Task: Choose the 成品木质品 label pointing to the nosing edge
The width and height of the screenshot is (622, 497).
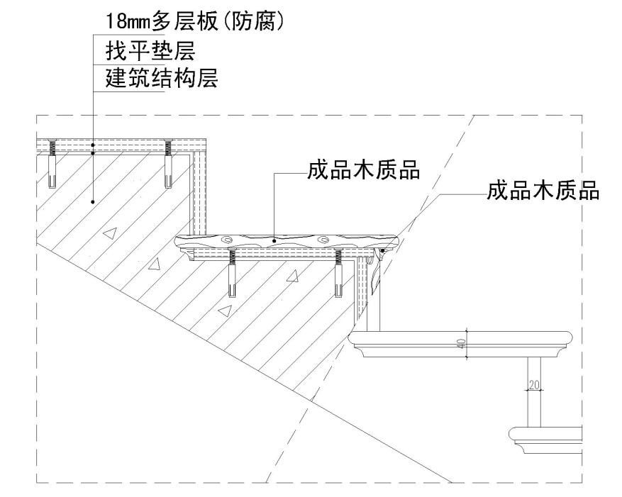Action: point(543,191)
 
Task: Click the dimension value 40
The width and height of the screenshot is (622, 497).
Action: point(460,345)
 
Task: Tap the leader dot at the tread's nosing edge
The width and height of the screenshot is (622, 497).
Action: point(384,250)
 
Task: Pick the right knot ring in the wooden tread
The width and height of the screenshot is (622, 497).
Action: point(323,239)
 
